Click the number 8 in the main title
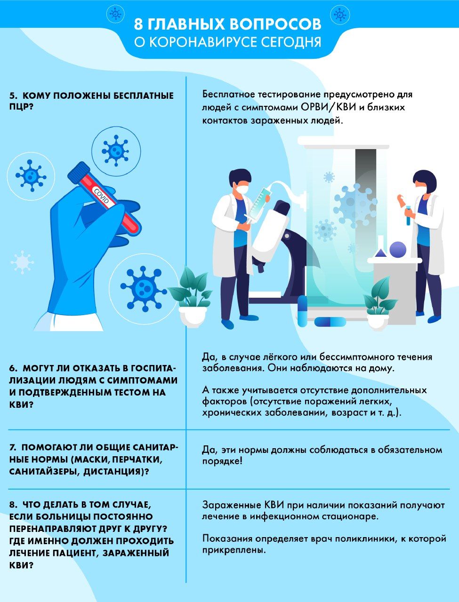[x=138, y=24]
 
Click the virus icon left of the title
[x=115, y=13]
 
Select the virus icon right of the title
[x=340, y=14]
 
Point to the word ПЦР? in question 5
[x=21, y=107]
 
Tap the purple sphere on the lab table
[x=398, y=249]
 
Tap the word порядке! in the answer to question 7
[x=222, y=461]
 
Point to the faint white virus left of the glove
[x=22, y=262]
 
